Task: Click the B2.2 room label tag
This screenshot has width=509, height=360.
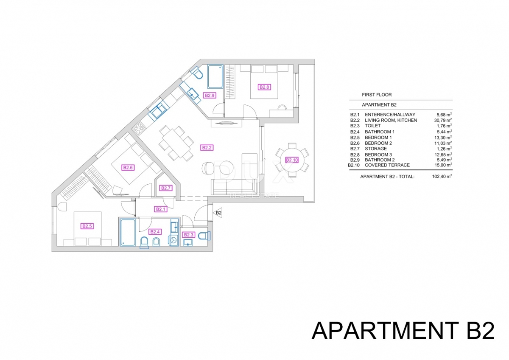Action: point(207,148)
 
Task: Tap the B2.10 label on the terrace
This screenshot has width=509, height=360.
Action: point(292,160)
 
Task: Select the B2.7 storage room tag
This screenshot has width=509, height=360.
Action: point(166,188)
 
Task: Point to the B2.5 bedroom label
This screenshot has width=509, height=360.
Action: point(87,226)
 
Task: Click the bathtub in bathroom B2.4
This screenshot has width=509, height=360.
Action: point(128,232)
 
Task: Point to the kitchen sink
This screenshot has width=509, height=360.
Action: point(158,110)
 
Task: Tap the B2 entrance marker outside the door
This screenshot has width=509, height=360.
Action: point(219,213)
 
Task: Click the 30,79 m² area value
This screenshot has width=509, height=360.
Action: point(444,120)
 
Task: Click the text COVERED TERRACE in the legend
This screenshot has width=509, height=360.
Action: point(387,165)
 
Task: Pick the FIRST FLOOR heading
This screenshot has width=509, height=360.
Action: point(377,95)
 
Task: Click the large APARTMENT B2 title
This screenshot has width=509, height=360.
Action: point(403,331)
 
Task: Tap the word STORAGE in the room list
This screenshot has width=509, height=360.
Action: point(376,149)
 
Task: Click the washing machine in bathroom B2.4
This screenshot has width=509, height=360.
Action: point(174,240)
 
